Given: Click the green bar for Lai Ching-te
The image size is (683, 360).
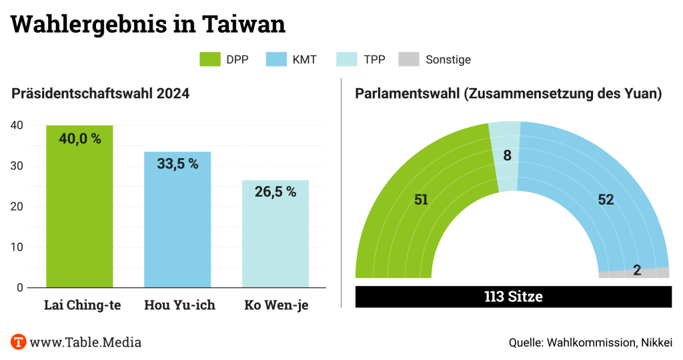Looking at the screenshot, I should (79, 213).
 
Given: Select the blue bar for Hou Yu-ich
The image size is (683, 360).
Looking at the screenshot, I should (177, 227).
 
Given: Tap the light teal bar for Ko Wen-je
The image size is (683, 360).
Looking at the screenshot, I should (275, 240).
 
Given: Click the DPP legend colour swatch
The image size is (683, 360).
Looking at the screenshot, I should (209, 59).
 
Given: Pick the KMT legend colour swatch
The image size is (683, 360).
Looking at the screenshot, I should (275, 59).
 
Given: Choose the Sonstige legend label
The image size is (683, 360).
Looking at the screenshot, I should (448, 59).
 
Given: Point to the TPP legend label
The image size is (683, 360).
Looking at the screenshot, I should (374, 59).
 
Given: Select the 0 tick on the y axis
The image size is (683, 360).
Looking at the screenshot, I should (20, 287).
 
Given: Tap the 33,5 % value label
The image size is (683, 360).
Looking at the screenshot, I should (177, 164).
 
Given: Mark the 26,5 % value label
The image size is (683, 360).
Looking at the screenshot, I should (275, 192).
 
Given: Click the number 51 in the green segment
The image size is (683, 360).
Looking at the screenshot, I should (421, 199).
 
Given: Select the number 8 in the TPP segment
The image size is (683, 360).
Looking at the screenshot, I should (507, 157).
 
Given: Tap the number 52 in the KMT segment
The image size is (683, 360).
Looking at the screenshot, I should (606, 199).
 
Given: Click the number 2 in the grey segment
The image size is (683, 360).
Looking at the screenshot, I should (637, 271).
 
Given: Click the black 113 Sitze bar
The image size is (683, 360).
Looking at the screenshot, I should (514, 297).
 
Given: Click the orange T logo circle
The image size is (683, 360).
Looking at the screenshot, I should (19, 342).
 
